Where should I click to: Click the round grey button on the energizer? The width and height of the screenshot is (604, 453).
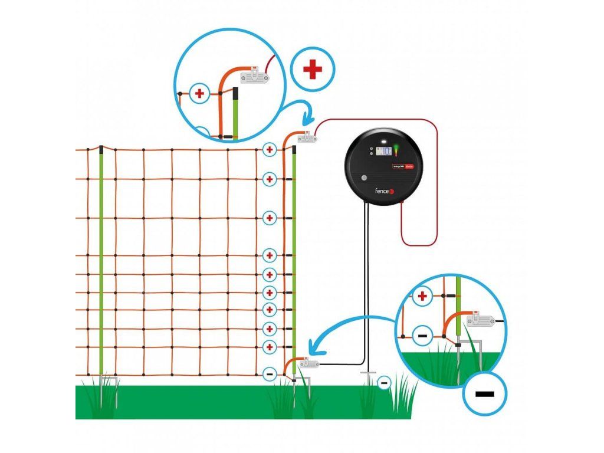click(x=365, y=177)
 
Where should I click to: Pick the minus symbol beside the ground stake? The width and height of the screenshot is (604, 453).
click(x=384, y=383)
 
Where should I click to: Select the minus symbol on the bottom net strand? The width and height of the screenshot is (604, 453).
click(x=270, y=373)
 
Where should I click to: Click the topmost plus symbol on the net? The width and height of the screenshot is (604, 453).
click(x=270, y=150)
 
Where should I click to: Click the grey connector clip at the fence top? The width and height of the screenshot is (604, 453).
click(x=308, y=139)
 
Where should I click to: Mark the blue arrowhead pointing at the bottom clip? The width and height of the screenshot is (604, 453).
click(x=314, y=351)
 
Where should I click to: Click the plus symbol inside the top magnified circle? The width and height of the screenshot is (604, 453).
click(x=199, y=93)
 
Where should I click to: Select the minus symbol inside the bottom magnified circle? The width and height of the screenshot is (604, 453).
click(x=422, y=336)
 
